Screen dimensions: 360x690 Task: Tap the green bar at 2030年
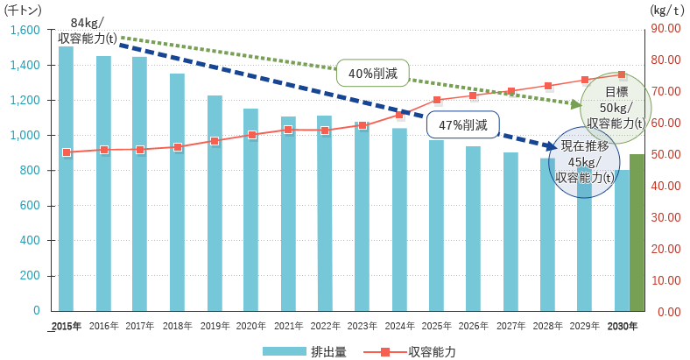pos(637,233)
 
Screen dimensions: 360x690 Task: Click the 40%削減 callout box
pos(373,74)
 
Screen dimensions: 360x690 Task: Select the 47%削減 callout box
pos(463,124)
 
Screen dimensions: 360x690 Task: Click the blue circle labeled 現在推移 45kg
pos(584,162)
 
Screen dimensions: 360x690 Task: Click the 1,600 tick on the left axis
pos(26,30)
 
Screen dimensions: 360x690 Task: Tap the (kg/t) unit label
pos(667,11)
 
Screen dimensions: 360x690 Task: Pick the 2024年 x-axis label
pos(399,326)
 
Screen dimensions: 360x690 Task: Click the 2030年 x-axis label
pos(623,326)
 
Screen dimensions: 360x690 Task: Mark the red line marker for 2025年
pos(437,100)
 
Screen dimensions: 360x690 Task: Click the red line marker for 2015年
pos(67,152)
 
